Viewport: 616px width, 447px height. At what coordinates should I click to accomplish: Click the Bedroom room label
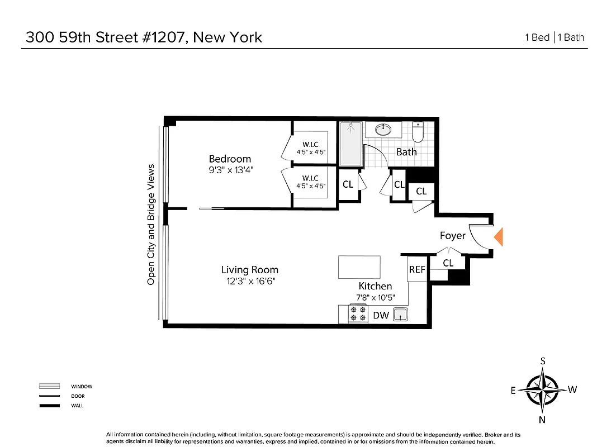pyautogui.click(x=230, y=159)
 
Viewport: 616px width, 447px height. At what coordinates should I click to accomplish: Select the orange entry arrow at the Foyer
pyautogui.click(x=499, y=237)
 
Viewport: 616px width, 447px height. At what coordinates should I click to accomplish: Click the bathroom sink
pyautogui.click(x=383, y=130)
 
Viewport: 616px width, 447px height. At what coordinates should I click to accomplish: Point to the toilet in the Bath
pyautogui.click(x=418, y=132)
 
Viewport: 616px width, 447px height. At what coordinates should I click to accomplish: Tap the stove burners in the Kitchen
pyautogui.click(x=358, y=314)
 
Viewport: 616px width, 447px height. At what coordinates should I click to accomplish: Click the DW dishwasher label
pyautogui.click(x=381, y=316)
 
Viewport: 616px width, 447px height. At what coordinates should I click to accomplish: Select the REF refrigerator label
pyautogui.click(x=417, y=269)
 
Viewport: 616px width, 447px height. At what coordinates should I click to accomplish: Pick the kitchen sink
pyautogui.click(x=400, y=315)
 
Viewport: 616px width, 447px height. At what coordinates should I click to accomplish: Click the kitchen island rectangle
pyautogui.click(x=359, y=267)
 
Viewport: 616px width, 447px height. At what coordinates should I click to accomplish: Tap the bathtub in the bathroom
pyautogui.click(x=350, y=144)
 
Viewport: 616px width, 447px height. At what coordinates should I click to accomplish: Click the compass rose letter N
pyautogui.click(x=542, y=420)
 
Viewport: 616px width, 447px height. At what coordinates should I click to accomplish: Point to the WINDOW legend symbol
pyautogui.click(x=49, y=386)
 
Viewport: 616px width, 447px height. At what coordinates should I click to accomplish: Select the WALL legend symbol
pyautogui.click(x=49, y=405)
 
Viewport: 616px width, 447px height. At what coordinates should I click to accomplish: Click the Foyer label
pyautogui.click(x=452, y=236)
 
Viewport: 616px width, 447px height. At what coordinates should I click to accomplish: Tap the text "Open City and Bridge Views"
pyautogui.click(x=151, y=225)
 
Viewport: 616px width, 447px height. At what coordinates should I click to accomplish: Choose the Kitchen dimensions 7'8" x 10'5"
pyautogui.click(x=375, y=297)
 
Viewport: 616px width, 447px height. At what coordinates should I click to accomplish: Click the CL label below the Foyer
pyautogui.click(x=448, y=263)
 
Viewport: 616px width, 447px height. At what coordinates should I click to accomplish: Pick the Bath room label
pyautogui.click(x=406, y=151)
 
